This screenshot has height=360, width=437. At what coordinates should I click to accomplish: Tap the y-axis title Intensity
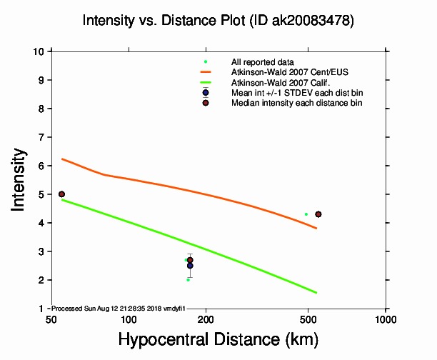tap(21, 179)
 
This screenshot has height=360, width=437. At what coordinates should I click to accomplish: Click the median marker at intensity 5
tap(61, 194)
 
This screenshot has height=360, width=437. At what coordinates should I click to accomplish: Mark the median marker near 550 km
tap(318, 214)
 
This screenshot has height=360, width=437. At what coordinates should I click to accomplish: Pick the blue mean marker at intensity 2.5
tap(190, 266)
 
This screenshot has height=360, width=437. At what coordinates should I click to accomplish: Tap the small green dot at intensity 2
tap(188, 280)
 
